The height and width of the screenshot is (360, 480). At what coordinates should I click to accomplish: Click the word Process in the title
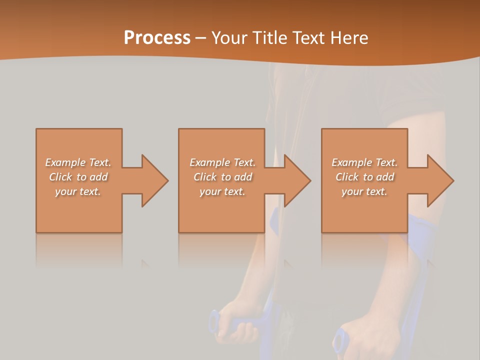(157, 38)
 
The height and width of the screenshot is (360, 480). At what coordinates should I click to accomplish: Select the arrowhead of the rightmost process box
(439, 180)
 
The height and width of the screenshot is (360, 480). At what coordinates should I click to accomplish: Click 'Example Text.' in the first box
(78, 162)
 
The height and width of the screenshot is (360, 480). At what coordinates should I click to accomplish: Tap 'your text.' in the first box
(78, 191)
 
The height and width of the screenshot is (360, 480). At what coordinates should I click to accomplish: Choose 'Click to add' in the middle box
(222, 177)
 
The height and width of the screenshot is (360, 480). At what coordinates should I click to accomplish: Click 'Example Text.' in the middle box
(222, 162)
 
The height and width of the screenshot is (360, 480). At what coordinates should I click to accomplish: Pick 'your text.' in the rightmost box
(364, 191)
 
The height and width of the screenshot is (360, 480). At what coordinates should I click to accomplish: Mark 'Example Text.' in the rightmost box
(364, 162)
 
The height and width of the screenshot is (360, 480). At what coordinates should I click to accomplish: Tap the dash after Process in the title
(200, 38)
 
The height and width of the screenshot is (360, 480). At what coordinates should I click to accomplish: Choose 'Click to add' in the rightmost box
(364, 177)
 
